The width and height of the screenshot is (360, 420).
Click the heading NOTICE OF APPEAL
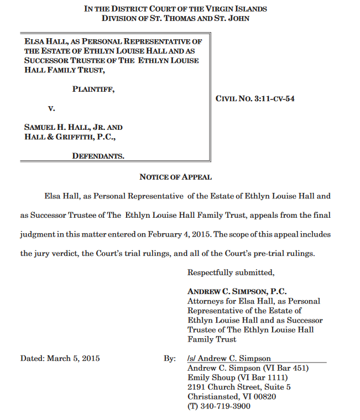pos(175,177)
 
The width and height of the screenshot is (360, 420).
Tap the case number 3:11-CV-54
pos(274,99)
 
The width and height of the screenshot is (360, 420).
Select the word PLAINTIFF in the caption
pos(93,88)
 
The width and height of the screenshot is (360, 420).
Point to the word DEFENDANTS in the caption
pos(98,156)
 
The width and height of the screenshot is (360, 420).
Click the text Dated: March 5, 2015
pos(60,358)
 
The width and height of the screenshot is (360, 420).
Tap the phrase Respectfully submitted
pos(231,272)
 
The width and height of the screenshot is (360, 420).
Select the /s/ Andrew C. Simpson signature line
pos(229,358)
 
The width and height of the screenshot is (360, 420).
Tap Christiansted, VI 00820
pos(232,397)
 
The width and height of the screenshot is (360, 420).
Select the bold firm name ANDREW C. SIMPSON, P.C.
pos(237,291)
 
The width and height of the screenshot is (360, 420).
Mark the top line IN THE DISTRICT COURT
pos(175,9)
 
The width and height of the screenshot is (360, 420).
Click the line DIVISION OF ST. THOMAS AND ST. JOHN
pos(175,18)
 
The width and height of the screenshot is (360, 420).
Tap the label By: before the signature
pos(169,358)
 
